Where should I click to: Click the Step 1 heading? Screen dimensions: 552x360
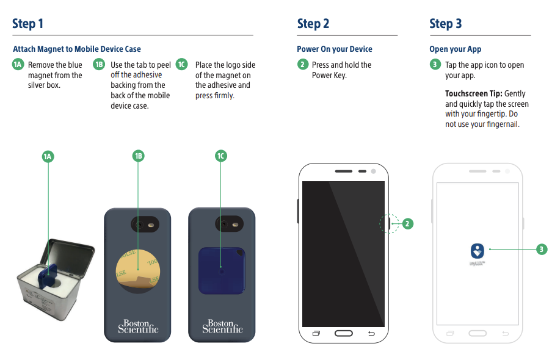click(x=27, y=24)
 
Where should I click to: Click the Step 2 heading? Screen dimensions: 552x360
click(x=313, y=24)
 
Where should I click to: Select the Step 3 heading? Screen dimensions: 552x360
click(x=446, y=24)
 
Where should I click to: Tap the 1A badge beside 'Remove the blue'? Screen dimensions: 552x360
click(x=18, y=65)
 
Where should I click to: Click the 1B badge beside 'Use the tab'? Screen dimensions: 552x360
click(x=100, y=65)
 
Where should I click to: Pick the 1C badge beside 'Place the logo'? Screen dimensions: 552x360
click(x=181, y=65)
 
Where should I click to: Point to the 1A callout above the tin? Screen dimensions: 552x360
click(x=48, y=157)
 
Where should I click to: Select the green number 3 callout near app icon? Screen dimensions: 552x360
click(x=541, y=249)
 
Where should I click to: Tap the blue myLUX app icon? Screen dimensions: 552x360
click(x=478, y=250)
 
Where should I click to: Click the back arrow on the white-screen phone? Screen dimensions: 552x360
click(x=505, y=333)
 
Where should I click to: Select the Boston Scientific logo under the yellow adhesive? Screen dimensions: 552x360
click(x=138, y=326)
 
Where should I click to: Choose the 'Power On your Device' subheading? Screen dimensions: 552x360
click(x=334, y=49)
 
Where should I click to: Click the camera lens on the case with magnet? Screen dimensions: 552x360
click(x=225, y=224)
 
